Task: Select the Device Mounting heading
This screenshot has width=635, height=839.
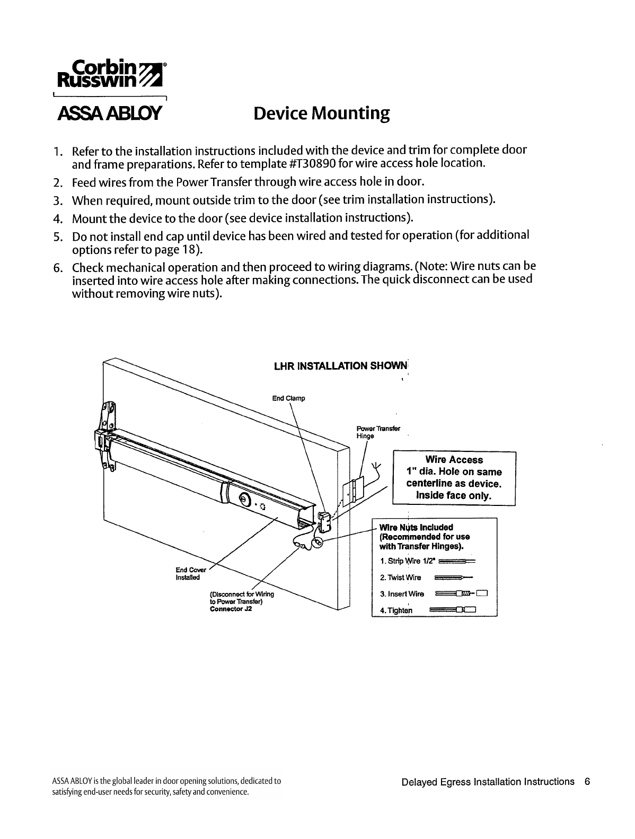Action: [x=322, y=113]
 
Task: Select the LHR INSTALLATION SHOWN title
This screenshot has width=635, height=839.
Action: [x=340, y=366]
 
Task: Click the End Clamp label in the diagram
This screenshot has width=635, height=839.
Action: [x=289, y=398]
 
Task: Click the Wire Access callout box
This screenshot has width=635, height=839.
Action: [x=453, y=478]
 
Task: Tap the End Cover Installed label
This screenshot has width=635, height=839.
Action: [x=188, y=573]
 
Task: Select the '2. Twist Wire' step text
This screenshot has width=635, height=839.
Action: [x=401, y=578]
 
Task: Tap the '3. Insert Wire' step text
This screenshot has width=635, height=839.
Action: [x=402, y=594]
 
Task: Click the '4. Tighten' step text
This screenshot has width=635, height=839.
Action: [x=396, y=610]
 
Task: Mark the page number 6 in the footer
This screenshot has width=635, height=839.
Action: [x=587, y=782]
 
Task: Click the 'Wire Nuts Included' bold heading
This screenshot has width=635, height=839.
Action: [x=416, y=527]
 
